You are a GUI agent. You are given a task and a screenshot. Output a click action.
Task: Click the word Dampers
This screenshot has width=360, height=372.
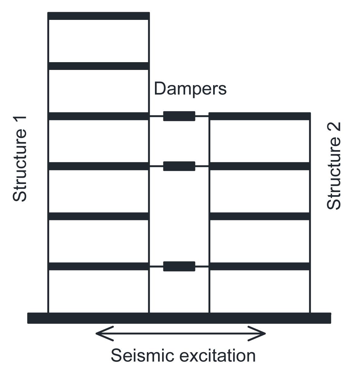click(x=190, y=89)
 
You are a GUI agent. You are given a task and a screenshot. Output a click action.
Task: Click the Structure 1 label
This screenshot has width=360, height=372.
click(x=20, y=159)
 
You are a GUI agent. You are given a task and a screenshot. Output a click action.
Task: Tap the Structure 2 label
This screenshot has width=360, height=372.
click(x=334, y=166)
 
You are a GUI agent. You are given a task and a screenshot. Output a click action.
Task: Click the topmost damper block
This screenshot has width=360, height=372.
click(x=179, y=116)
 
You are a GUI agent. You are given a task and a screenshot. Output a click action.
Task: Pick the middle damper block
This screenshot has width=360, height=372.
click(x=179, y=166)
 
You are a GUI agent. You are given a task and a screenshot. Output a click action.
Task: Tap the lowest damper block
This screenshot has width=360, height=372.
click(x=179, y=266)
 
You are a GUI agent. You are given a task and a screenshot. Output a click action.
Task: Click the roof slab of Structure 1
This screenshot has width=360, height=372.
click(x=99, y=16)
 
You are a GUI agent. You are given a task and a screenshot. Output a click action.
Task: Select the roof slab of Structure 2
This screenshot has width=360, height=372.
click(x=259, y=116)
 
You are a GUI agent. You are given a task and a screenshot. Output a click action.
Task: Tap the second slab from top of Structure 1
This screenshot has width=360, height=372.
click(x=99, y=66)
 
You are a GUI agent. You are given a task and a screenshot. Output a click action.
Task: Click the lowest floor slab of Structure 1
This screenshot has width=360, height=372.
click(x=99, y=266)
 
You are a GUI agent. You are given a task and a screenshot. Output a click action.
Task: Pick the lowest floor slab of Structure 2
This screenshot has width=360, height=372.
click(x=259, y=266)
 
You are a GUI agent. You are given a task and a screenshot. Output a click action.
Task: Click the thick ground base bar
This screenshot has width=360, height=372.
click(x=179, y=318)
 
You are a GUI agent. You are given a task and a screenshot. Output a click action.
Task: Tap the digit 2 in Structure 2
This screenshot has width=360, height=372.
click(x=334, y=127)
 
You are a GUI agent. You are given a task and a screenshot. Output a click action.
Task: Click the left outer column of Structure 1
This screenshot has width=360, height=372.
click(x=49, y=186)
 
